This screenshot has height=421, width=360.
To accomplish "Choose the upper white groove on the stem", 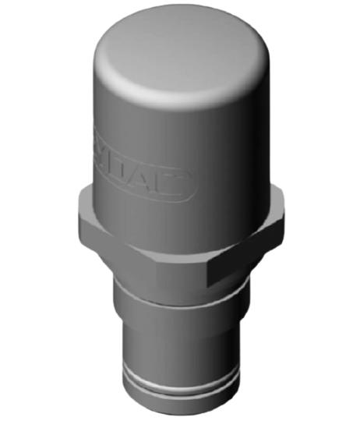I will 181,382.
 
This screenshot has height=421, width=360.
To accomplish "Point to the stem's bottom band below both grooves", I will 181,405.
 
